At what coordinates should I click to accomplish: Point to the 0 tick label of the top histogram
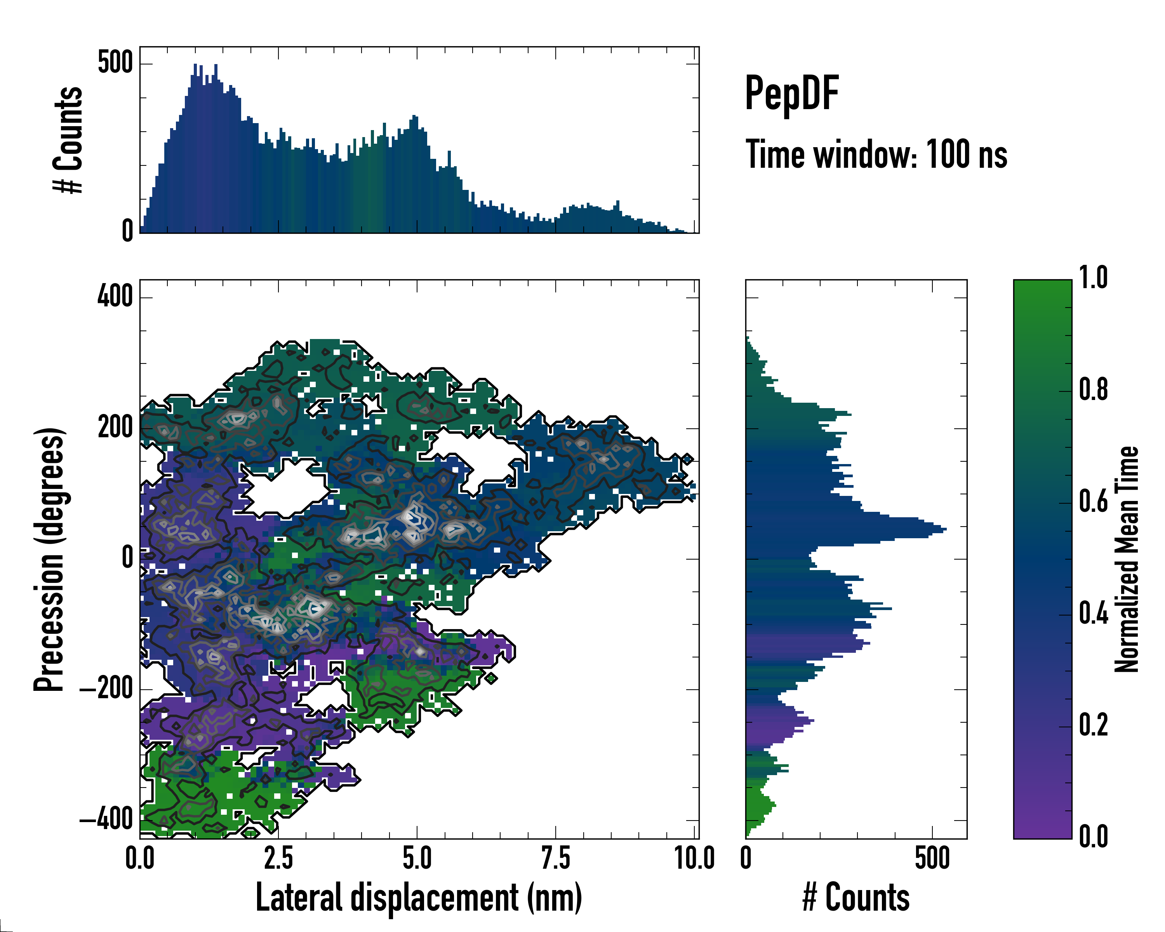127,231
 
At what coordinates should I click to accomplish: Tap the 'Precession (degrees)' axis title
50,559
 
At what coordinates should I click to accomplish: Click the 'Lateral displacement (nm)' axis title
419,897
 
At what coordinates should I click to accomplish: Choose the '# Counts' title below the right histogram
856,897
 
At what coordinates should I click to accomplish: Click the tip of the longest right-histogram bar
946,529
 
